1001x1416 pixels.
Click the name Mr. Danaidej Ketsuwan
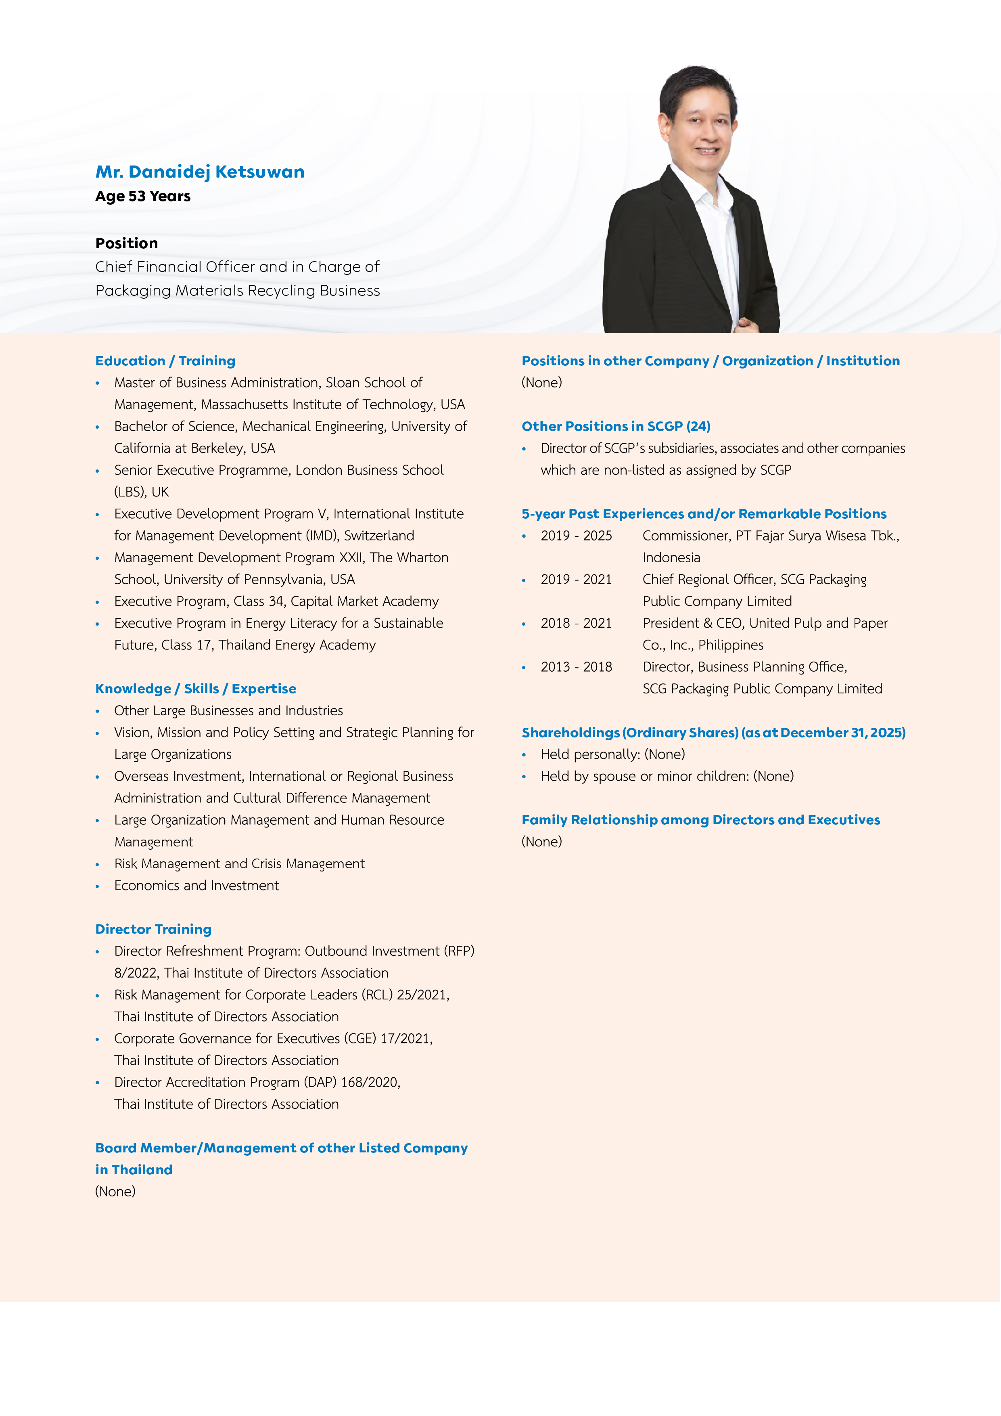[x=200, y=172]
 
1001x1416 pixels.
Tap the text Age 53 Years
[x=143, y=196]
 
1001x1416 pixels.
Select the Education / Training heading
[x=165, y=361]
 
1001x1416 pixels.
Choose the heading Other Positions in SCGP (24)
[x=616, y=426]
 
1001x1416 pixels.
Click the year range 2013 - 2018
[x=576, y=667]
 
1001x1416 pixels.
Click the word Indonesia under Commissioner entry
[x=671, y=557]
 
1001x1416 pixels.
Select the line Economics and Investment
[x=196, y=886]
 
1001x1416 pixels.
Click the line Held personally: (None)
[x=613, y=754]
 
